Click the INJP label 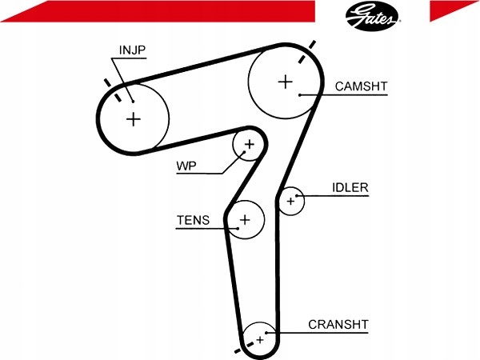click(x=132, y=50)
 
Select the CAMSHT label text click(x=362, y=86)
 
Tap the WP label click(x=186, y=166)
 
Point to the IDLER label click(x=350, y=187)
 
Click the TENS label click(x=193, y=220)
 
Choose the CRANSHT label click(x=338, y=325)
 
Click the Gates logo click(x=372, y=16)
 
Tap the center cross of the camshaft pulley click(x=286, y=82)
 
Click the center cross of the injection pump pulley click(x=134, y=118)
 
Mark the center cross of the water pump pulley click(x=250, y=144)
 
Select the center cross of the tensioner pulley click(x=245, y=219)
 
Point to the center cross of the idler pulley click(x=291, y=201)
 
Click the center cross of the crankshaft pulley click(x=260, y=339)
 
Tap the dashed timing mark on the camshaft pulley click(x=306, y=52)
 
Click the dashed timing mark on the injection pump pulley click(x=113, y=90)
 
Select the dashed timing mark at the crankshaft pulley click(x=244, y=347)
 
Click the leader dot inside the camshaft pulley click(x=300, y=95)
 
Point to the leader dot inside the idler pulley click(x=296, y=196)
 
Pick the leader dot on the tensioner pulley click(x=238, y=228)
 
